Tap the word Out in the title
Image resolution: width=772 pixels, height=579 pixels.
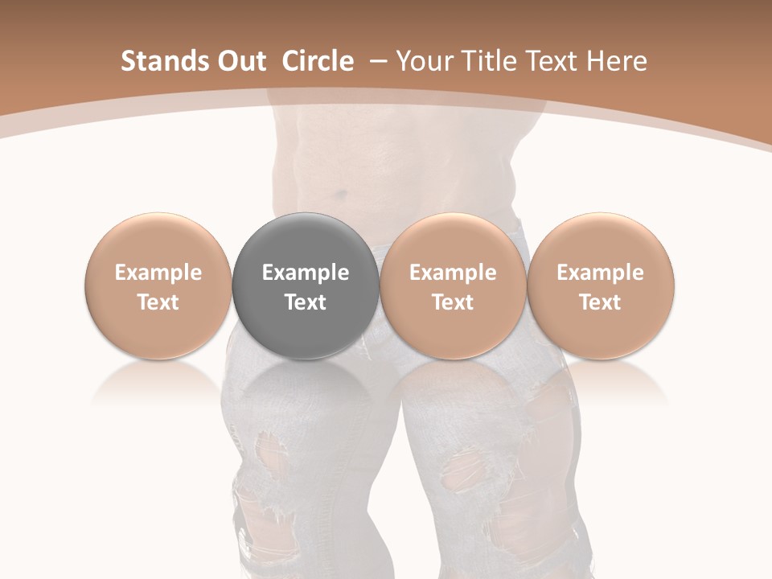click(x=240, y=61)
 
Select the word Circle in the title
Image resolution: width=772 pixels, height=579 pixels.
click(x=318, y=61)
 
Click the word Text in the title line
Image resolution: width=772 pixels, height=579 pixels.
click(x=553, y=61)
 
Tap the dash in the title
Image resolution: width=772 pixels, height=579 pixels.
click(x=376, y=61)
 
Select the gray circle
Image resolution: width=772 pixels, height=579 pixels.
click(x=306, y=286)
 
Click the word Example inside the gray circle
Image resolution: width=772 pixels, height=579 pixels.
click(x=306, y=273)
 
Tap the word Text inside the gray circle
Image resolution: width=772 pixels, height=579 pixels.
click(x=306, y=302)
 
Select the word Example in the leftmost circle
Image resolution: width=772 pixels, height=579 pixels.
click(x=158, y=273)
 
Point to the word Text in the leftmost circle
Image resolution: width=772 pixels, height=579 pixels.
click(x=158, y=302)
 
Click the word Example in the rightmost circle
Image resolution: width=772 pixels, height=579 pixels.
click(x=601, y=273)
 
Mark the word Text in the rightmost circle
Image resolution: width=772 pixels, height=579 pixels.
click(x=601, y=302)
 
